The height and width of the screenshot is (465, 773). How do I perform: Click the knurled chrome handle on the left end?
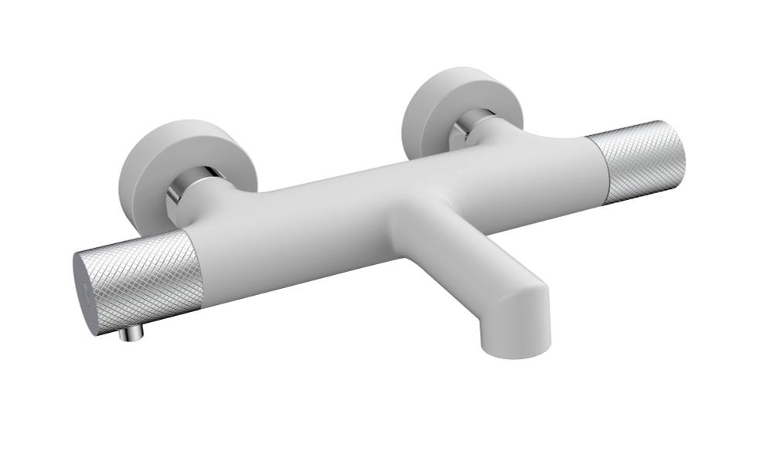pyautogui.click(x=147, y=274)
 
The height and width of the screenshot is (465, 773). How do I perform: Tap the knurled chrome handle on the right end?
pyautogui.click(x=638, y=162)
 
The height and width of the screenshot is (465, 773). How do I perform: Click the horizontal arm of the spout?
pyautogui.click(x=464, y=247)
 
